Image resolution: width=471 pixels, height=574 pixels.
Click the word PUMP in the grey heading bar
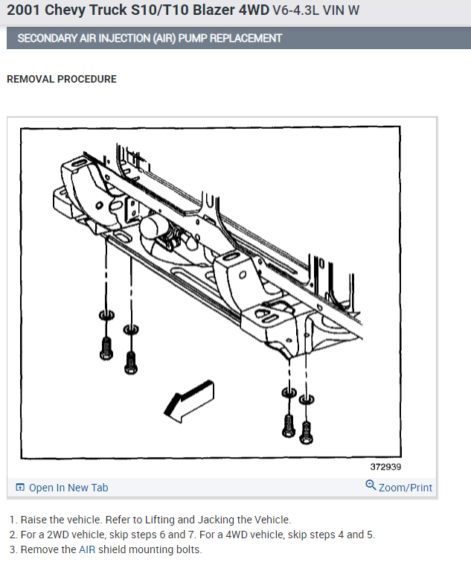point(194,38)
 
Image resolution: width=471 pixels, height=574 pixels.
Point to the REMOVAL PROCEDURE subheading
point(62,79)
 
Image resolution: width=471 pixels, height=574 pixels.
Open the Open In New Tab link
point(68,488)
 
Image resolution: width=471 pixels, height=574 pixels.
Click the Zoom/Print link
point(406,488)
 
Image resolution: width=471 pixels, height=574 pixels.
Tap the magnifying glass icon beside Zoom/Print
point(371,486)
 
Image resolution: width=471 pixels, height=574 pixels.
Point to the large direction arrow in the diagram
point(188,401)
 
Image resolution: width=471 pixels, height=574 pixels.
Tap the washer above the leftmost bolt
point(106,316)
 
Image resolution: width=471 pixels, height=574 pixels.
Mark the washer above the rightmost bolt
point(306,401)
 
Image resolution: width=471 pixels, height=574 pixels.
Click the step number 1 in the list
point(12,520)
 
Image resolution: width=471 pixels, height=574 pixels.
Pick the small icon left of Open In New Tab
point(20,488)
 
